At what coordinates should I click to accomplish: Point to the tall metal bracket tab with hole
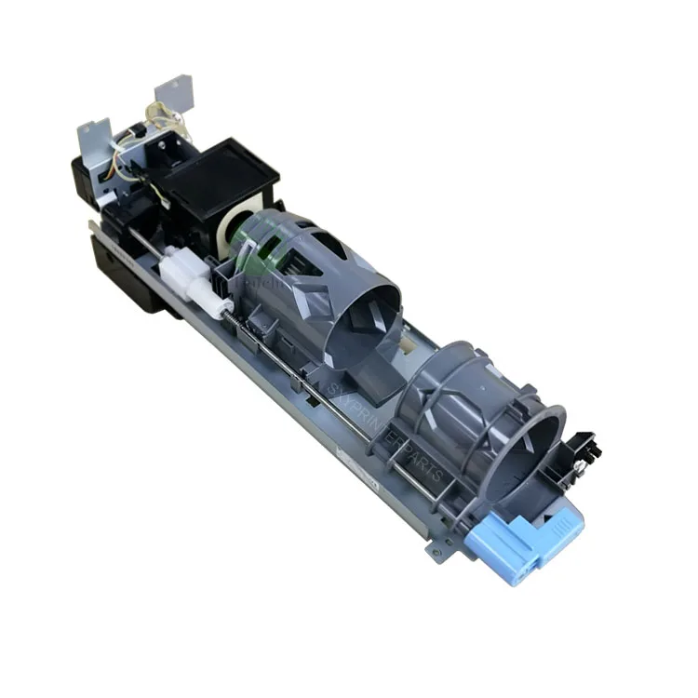(173, 94)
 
